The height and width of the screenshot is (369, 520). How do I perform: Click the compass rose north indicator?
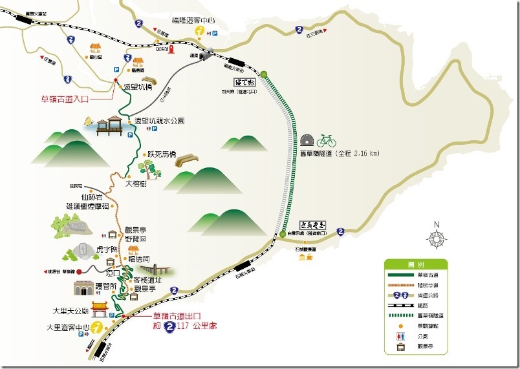[x=437, y=237]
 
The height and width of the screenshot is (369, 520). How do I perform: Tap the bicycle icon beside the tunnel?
[x=327, y=140]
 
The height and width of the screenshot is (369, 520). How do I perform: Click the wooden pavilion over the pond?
[x=110, y=125]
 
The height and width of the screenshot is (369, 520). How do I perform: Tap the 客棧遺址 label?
[x=146, y=280]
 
